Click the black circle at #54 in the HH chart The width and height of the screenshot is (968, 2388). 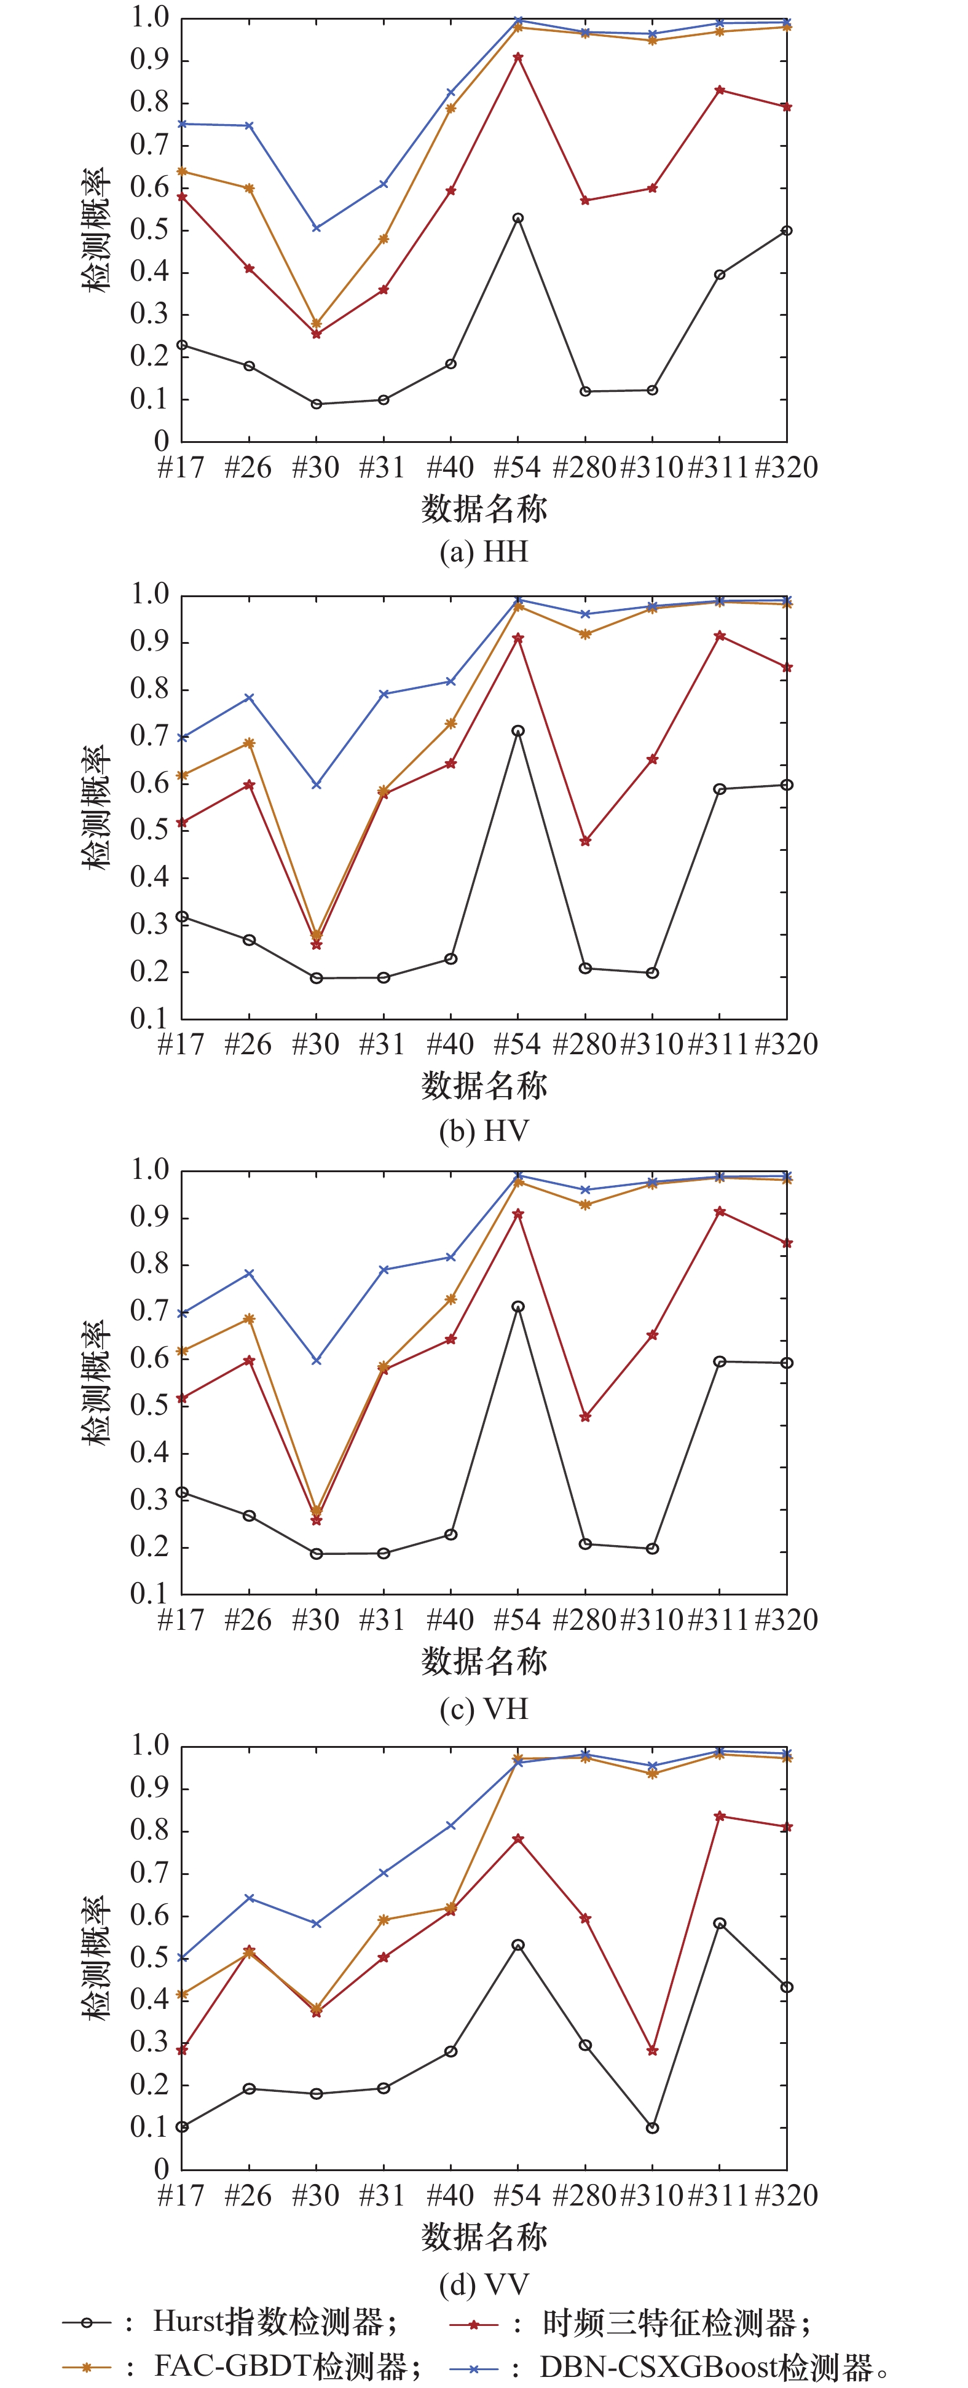tap(517, 219)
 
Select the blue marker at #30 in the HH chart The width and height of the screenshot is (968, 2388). tap(316, 228)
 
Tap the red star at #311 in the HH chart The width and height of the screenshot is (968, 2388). tap(720, 90)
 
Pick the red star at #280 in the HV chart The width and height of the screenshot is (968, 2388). tap(585, 842)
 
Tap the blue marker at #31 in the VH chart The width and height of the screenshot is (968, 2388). tap(384, 1270)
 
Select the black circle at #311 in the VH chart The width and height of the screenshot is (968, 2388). tap(720, 1362)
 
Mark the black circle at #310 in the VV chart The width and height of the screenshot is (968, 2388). tap(653, 2128)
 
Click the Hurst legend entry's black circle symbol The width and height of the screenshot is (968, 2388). tap(86, 2322)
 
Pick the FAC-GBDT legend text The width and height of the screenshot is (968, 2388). tap(278, 2366)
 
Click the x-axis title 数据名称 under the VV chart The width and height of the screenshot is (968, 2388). tap(484, 2237)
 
